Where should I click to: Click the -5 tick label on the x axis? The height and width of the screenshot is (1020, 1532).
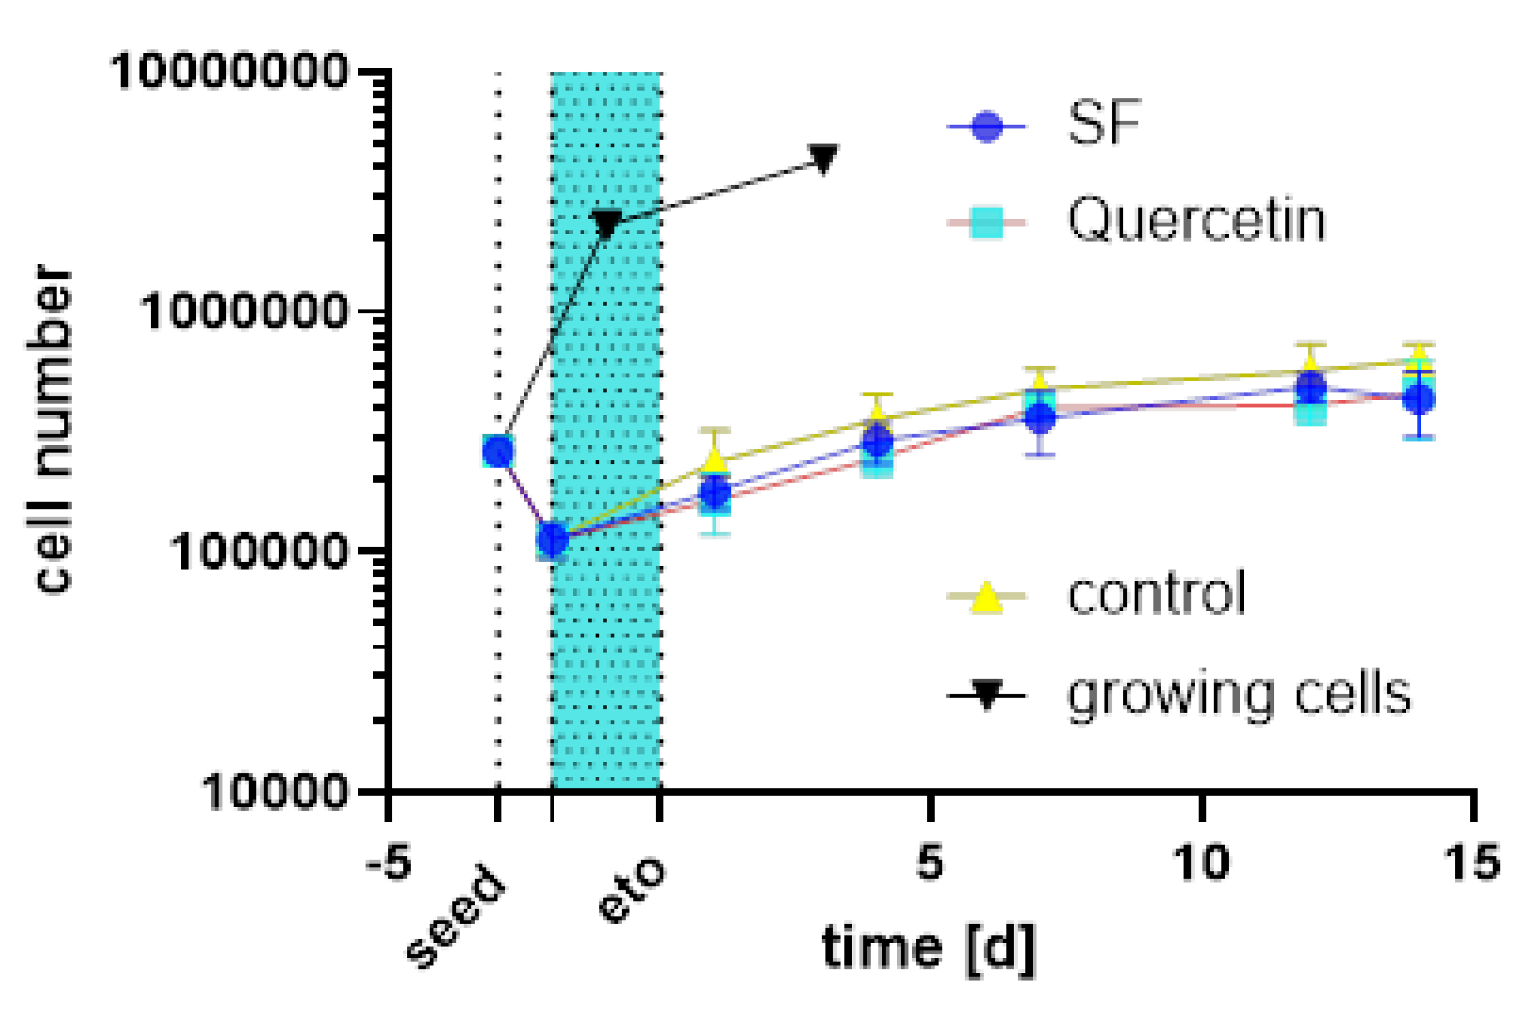tap(388, 863)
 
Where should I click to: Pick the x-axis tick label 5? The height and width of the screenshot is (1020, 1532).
tap(930, 863)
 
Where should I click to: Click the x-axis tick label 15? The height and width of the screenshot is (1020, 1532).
tap(1471, 863)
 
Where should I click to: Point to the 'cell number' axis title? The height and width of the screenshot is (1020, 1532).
tap(53, 429)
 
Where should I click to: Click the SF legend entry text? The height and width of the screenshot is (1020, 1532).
tap(1105, 124)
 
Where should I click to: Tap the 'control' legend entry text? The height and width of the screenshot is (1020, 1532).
tap(1156, 594)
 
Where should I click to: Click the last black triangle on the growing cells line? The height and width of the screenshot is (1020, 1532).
tap(824, 158)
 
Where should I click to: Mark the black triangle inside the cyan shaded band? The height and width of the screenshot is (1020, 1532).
tap(607, 223)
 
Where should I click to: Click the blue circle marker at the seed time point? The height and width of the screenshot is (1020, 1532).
tap(499, 451)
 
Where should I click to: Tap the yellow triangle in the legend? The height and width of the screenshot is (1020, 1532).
tap(986, 597)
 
